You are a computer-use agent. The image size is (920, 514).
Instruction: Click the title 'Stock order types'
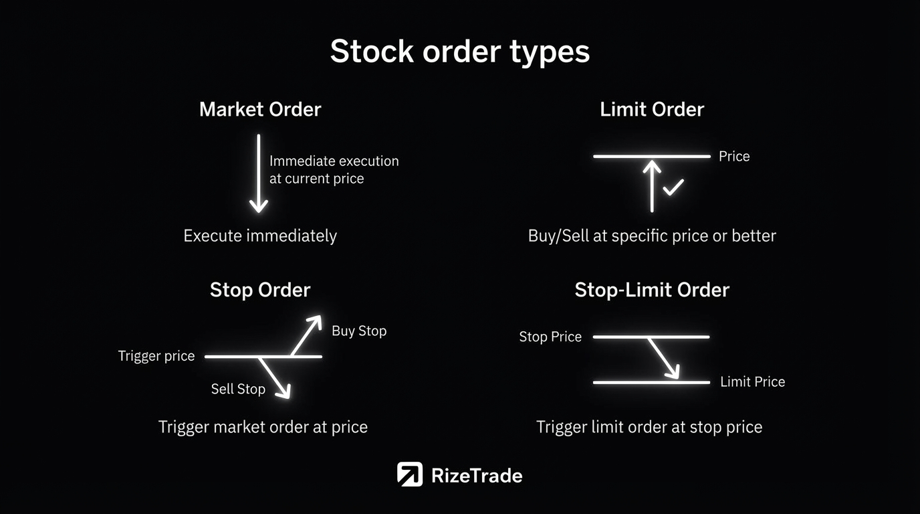(x=460, y=52)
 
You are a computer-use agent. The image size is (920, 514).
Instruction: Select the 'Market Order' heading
(x=260, y=109)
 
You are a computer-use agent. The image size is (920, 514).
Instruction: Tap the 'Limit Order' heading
(x=652, y=109)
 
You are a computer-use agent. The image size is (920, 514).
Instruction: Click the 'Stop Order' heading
(x=260, y=290)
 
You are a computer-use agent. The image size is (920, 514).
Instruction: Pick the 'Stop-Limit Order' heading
(x=652, y=290)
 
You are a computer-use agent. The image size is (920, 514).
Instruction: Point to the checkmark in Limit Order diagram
(x=673, y=187)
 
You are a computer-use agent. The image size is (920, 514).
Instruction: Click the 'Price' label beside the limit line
(x=734, y=156)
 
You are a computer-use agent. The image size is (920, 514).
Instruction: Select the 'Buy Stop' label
(x=359, y=331)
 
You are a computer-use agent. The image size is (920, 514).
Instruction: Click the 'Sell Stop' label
(x=238, y=389)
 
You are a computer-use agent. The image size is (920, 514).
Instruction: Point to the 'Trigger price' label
(x=156, y=356)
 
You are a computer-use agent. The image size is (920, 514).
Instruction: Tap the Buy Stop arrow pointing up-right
(x=306, y=335)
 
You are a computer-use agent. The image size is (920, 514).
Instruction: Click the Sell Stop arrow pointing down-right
(x=275, y=378)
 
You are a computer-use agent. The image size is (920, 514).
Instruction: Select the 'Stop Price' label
(x=550, y=337)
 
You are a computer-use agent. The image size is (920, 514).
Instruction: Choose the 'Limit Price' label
(x=753, y=381)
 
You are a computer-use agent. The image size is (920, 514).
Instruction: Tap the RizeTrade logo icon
(x=409, y=474)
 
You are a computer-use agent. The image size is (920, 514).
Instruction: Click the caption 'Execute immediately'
(x=260, y=236)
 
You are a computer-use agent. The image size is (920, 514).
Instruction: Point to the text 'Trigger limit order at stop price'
(x=649, y=427)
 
